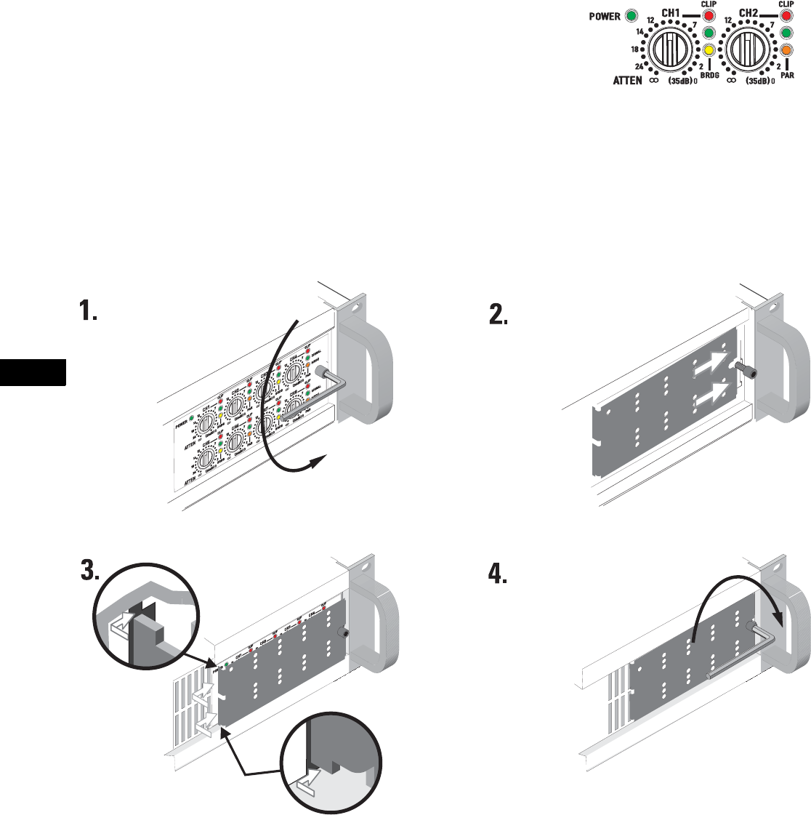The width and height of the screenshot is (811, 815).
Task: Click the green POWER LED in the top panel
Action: coord(631,15)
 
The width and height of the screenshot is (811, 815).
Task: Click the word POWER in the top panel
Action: coord(605,16)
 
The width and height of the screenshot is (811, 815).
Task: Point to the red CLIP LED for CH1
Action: coord(709,16)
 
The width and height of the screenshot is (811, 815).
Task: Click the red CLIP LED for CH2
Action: coord(786,16)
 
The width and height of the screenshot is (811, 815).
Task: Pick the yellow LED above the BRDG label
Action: coord(709,50)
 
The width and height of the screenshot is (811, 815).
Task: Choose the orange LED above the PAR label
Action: coord(786,50)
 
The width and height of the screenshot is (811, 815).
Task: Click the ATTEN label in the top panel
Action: coord(627,81)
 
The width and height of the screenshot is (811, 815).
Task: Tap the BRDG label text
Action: coord(709,75)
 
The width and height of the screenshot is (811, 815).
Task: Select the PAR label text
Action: coord(786,75)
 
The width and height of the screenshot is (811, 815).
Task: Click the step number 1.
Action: coord(88,312)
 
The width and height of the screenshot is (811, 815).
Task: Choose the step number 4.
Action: coord(497,574)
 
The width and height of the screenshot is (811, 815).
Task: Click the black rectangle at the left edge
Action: coord(33,372)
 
